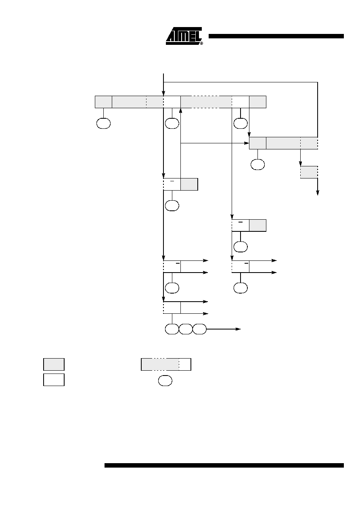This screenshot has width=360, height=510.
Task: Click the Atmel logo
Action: pos(184,36)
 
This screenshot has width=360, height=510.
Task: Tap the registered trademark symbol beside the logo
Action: pos(201,43)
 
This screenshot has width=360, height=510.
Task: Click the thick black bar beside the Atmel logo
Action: pos(276,36)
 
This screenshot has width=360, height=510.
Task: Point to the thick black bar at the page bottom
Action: pos(224,465)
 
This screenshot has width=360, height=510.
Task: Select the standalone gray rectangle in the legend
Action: pos(54,364)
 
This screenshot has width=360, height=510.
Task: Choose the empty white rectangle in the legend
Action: pos(54,380)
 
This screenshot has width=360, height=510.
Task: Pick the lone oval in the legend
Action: pos(165,380)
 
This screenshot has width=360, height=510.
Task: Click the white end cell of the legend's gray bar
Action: pos(185,364)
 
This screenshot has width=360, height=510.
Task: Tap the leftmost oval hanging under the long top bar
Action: pos(104,124)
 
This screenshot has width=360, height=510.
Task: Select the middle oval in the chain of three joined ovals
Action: pos(186,329)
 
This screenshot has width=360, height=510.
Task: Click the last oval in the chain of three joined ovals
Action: pos(199,329)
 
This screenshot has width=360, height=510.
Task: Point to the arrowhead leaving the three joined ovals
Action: pos(238,329)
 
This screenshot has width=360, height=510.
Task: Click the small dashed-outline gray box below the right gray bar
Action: pos(309,172)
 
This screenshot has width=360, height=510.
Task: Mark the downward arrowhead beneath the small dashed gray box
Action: pos(318,193)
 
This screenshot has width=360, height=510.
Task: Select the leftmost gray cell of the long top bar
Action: pos(104,102)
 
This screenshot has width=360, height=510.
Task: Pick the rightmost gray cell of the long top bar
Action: pos(257,102)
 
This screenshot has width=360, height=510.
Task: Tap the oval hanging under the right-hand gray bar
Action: pos(257,164)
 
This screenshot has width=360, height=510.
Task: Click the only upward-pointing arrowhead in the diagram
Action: pos(181,111)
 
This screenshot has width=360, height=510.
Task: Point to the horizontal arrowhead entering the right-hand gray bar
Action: pos(247,143)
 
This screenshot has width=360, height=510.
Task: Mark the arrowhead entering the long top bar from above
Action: pos(163,93)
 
